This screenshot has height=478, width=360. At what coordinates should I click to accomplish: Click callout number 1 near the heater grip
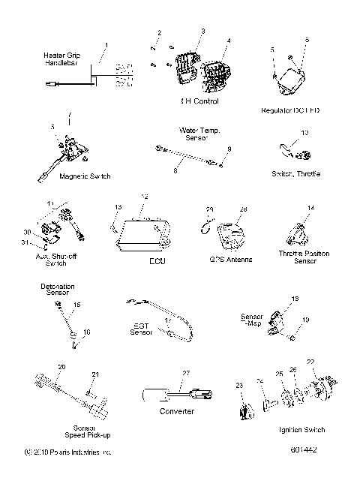coord(106,46)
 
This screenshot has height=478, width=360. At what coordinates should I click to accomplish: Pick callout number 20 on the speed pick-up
coord(61,367)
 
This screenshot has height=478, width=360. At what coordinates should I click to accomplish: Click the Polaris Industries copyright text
coord(67,452)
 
